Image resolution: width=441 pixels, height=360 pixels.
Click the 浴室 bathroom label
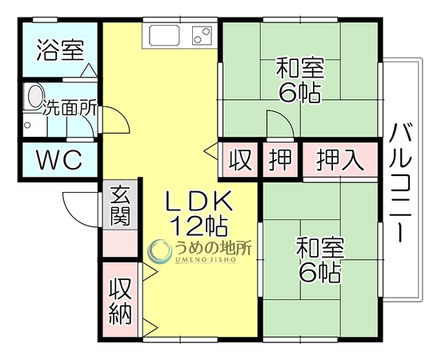(x=61, y=50)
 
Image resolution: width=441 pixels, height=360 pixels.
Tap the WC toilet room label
(x=59, y=159)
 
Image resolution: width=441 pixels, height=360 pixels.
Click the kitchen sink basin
(x=164, y=35)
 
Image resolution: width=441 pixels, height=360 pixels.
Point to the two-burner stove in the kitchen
(x=202, y=35)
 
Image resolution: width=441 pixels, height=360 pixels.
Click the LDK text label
(x=199, y=202)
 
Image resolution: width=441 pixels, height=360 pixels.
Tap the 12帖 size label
(x=199, y=226)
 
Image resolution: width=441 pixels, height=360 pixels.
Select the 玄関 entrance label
(x=120, y=206)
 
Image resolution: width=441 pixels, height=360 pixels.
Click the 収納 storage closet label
(x=120, y=302)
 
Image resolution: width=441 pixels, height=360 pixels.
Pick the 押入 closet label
(x=339, y=160)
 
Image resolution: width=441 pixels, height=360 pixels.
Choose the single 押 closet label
(x=280, y=160)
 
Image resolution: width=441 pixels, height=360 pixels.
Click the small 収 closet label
(x=240, y=160)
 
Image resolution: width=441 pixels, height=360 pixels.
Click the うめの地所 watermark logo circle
(x=160, y=251)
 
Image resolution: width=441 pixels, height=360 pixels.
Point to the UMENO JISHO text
(x=206, y=259)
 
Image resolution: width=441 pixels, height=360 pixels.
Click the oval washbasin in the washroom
(x=34, y=96)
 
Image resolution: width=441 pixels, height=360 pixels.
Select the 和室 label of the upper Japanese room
(x=300, y=68)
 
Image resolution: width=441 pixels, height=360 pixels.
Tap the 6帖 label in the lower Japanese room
(x=320, y=272)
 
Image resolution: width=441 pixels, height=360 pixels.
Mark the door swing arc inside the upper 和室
(x=285, y=118)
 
